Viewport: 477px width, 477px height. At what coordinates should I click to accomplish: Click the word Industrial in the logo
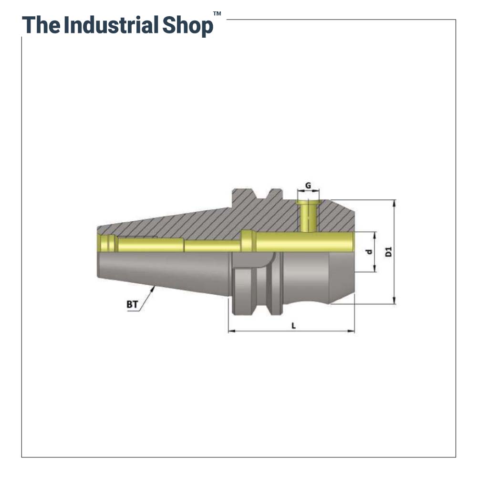(111, 25)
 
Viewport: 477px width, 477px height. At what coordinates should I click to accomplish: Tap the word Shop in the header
(187, 25)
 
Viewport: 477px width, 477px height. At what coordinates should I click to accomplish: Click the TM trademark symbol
(217, 14)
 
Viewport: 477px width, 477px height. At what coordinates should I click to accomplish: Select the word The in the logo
(41, 25)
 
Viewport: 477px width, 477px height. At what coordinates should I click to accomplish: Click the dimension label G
(308, 185)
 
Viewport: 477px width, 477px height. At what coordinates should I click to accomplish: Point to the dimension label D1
(389, 252)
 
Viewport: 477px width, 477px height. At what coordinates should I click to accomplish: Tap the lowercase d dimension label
(368, 252)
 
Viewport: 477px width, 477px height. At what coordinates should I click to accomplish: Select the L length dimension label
(294, 325)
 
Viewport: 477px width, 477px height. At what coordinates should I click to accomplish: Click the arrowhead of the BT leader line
(154, 288)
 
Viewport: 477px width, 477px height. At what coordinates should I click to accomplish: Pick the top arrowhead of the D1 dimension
(394, 202)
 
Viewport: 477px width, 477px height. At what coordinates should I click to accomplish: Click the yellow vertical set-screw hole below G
(309, 217)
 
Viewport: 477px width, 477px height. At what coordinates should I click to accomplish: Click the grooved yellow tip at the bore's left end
(107, 243)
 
